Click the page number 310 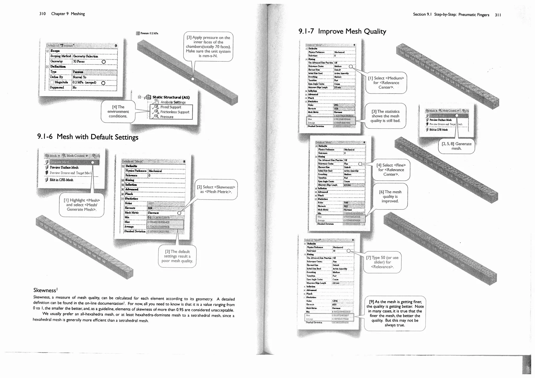coord(42,14)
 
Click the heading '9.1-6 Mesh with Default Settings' coord(88,137)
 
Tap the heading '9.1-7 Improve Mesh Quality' coord(342,32)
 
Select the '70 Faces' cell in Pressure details coord(79,62)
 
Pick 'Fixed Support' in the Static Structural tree coord(171,107)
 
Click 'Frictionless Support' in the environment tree coord(175,112)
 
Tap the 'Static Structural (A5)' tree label coord(171,97)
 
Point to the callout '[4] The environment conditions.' coord(118,111)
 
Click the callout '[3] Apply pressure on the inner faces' coord(208,47)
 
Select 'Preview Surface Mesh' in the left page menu coord(64,168)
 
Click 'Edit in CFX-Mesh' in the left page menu coord(61,180)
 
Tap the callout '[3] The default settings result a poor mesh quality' coord(177,256)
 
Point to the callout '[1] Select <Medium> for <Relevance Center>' coord(386,83)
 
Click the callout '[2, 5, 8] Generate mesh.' coord(456,146)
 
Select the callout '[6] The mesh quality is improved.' coord(390,197)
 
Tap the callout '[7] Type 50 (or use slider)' coord(382,262)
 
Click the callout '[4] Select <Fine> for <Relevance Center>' coord(391,170)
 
